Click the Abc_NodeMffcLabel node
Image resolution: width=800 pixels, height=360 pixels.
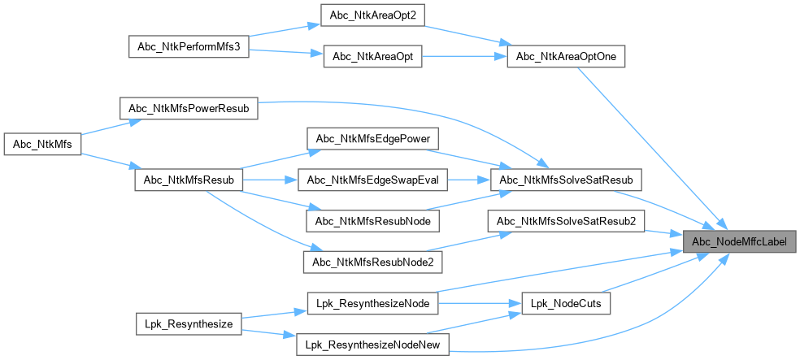(739, 241)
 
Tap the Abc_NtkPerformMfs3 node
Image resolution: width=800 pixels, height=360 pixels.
(188, 46)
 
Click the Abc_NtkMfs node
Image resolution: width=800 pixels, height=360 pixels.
(43, 145)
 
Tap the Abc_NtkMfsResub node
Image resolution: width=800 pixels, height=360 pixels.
(189, 180)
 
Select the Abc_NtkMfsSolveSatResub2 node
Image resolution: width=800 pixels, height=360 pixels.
(566, 220)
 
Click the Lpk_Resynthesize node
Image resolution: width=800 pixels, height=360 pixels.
(188, 324)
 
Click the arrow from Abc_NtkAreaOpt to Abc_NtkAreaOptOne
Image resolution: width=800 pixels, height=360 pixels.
(463, 57)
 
